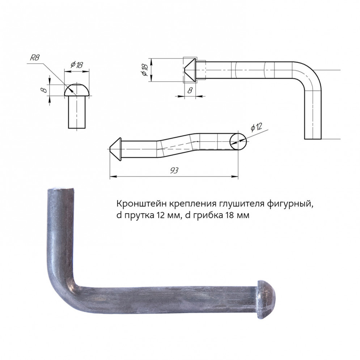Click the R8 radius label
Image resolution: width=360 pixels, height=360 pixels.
(35, 58)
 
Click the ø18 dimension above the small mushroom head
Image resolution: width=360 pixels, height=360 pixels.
(77, 65)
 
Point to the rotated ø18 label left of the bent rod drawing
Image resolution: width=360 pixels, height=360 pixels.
(145, 70)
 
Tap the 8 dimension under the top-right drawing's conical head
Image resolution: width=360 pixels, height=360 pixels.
(190, 90)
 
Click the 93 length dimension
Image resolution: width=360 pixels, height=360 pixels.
(174, 170)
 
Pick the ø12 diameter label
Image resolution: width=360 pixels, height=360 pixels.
(256, 127)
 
